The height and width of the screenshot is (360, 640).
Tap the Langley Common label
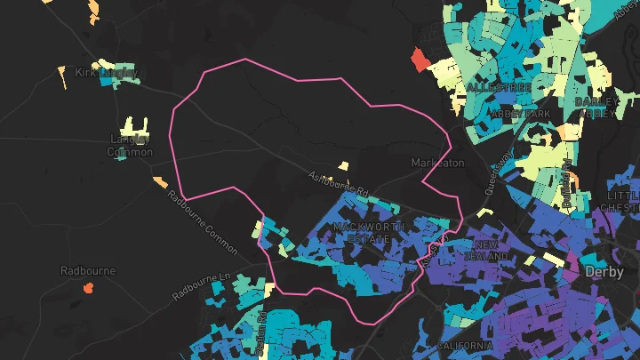130,145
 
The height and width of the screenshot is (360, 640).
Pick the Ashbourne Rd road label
337,183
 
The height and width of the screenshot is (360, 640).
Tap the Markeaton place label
437,164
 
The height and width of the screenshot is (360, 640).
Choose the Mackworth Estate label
368,233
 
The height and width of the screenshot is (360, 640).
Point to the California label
465,345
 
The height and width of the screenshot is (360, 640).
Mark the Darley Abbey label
596,108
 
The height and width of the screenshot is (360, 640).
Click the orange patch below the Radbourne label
88,287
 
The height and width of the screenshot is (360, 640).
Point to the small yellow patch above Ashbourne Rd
343,165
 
